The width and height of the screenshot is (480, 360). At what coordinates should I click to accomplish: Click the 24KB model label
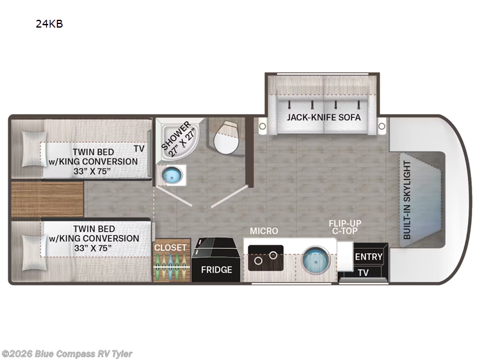coord(49,24)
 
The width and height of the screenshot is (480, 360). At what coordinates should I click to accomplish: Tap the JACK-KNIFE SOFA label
coord(323,117)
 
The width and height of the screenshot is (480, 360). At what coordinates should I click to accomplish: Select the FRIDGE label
coord(217,269)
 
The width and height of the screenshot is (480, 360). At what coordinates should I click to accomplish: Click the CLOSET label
coord(170,247)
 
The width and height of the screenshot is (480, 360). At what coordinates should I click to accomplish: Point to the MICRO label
coord(264,231)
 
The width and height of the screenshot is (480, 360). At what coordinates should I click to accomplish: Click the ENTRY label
coord(368,257)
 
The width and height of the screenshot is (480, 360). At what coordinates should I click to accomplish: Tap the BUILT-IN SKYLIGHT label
coord(407,200)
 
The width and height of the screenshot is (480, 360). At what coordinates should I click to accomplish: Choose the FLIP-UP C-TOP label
coord(345,227)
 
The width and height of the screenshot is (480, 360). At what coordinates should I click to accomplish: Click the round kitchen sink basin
coord(316,260)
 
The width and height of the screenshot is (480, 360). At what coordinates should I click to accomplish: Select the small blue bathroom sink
coord(172,175)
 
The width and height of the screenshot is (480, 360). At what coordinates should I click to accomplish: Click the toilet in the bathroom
coord(227,137)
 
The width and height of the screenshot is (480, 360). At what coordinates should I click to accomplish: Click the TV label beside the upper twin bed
coord(139,149)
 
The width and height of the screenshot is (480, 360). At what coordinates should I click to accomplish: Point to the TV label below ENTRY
coord(363,272)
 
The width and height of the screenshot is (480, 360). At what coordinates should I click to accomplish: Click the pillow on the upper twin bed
coord(34,149)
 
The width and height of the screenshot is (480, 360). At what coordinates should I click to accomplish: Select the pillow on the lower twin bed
coord(34,253)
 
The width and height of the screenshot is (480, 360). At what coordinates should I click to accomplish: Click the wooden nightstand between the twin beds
coord(47,199)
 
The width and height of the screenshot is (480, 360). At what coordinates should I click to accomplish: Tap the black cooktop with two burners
coord(266,258)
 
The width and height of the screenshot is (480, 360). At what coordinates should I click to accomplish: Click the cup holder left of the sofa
coord(262,126)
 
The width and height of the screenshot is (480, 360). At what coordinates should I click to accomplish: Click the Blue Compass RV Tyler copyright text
coord(67,354)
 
